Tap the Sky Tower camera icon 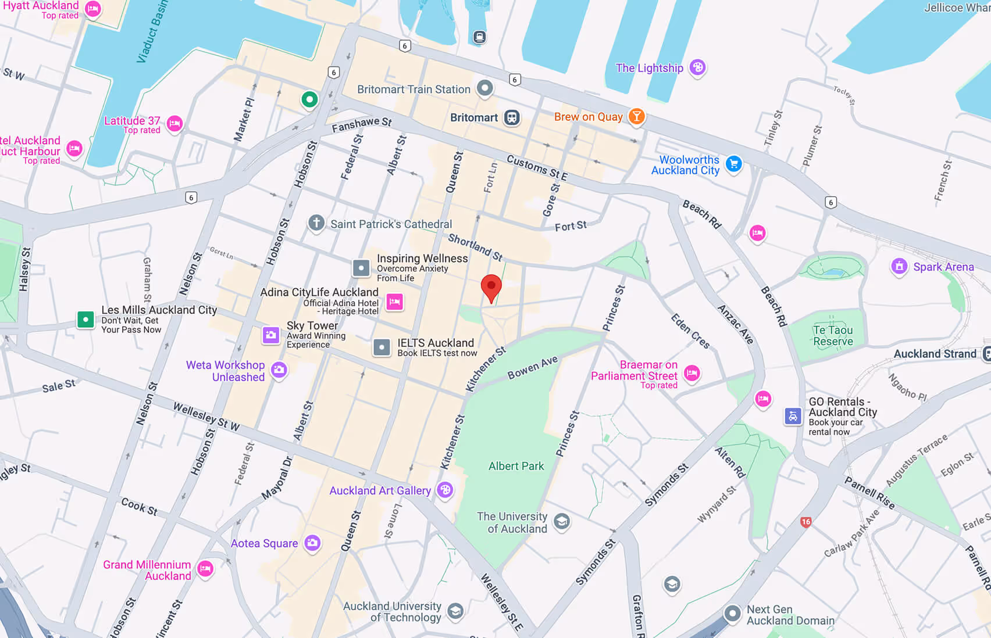coord(271,335)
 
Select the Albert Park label coord(516,466)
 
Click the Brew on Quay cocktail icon coord(637,116)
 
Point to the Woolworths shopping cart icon coord(734,164)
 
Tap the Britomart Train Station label coord(413,89)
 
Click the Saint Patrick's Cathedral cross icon coord(316,223)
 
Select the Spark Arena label coord(943,267)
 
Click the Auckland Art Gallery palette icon coord(445,490)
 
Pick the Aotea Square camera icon coord(312,543)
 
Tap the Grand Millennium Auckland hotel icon coord(205,569)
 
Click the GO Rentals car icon coord(793,416)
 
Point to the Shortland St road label coord(475,248)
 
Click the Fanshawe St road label coord(362,124)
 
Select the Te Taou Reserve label coord(833,336)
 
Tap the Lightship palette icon coord(697,67)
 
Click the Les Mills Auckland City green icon coord(85,319)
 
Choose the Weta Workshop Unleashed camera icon coord(279,370)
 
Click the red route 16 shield coord(805,522)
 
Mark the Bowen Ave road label coord(532,368)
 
